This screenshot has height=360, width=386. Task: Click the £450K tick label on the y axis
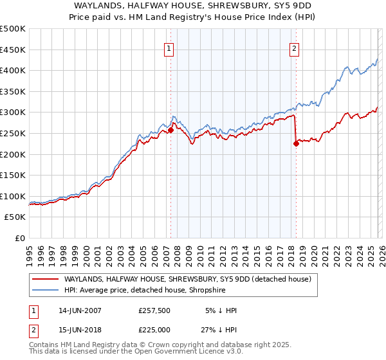(13, 50)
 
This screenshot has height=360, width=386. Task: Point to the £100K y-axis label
(13, 196)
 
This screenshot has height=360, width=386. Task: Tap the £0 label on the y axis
(20, 238)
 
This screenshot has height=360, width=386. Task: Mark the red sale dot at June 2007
(170, 130)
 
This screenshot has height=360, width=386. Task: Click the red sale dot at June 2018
(296, 144)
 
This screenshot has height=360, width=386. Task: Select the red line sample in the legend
(45, 279)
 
